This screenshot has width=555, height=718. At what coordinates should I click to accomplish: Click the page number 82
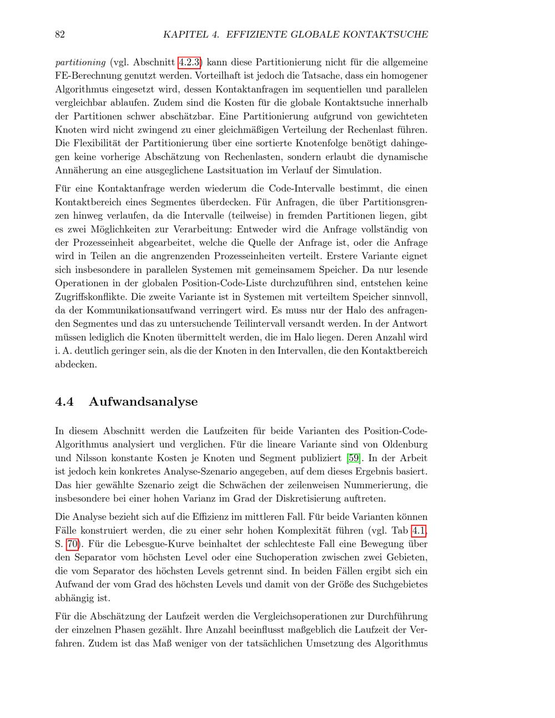click(x=60, y=34)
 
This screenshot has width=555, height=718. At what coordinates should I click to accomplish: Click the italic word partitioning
click(x=80, y=62)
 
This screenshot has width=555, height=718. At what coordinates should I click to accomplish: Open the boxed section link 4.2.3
click(x=189, y=62)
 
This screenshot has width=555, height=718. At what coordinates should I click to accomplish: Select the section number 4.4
click(x=64, y=401)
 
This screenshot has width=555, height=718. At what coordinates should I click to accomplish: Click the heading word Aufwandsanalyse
click(x=143, y=401)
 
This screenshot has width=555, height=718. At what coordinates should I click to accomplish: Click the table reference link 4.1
click(x=418, y=530)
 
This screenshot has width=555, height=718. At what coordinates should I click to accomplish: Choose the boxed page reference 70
click(x=72, y=544)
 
